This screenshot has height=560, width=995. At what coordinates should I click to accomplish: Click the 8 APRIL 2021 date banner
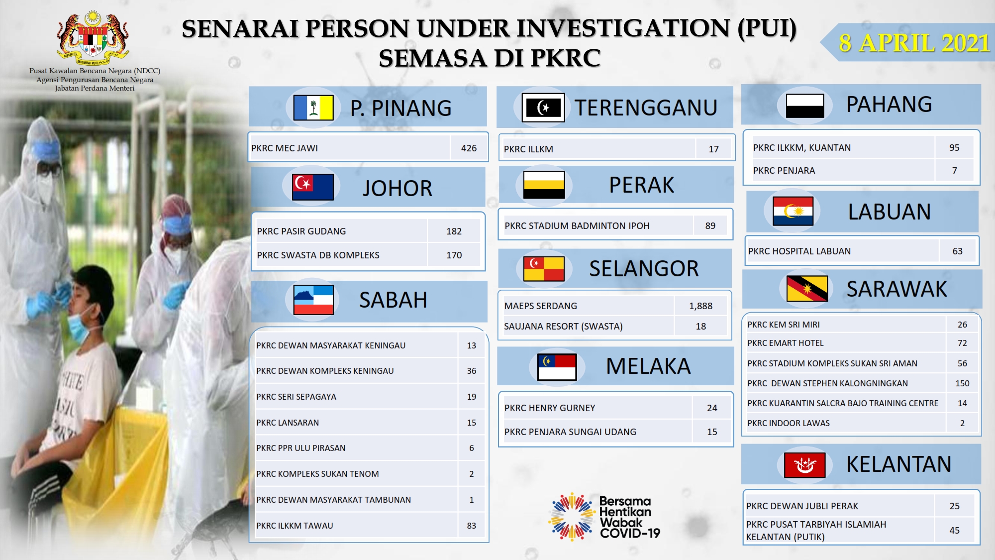pyautogui.click(x=908, y=42)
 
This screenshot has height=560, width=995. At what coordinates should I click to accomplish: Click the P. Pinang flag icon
pyautogui.click(x=313, y=108)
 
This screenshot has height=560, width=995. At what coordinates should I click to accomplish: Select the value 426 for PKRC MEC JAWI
pyautogui.click(x=469, y=148)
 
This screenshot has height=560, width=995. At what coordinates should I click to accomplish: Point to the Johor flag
pyautogui.click(x=312, y=187)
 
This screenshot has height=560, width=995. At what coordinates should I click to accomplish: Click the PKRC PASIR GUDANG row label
pyautogui.click(x=301, y=231)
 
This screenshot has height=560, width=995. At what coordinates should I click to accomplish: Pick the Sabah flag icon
pyautogui.click(x=313, y=300)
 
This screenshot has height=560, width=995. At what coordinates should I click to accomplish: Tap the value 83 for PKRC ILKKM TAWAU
pyautogui.click(x=472, y=526)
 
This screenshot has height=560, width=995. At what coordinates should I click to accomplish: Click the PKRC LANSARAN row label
pyautogui.click(x=288, y=423)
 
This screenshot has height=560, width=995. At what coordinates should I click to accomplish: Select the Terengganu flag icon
pyautogui.click(x=543, y=108)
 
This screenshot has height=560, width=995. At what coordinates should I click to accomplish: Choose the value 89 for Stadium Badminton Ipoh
pyautogui.click(x=710, y=225)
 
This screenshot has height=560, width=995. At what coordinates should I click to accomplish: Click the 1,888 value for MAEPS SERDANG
pyautogui.click(x=700, y=306)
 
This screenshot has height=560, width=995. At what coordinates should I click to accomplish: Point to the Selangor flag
pyautogui.click(x=544, y=269)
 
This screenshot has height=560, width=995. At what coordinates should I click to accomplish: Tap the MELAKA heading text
pyautogui.click(x=648, y=366)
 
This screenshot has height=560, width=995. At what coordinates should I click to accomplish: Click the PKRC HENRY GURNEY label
pyautogui.click(x=550, y=408)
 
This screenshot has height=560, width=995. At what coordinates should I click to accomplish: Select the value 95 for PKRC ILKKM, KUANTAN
pyautogui.click(x=954, y=147)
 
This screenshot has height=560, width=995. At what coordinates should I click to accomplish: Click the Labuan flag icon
pyautogui.click(x=793, y=211)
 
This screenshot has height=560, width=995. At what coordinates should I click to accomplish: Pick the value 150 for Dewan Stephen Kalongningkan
pyautogui.click(x=962, y=383)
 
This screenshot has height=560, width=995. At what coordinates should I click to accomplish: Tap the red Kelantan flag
pyautogui.click(x=804, y=465)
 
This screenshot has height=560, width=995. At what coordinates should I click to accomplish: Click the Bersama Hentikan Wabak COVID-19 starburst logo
pyautogui.click(x=571, y=517)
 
